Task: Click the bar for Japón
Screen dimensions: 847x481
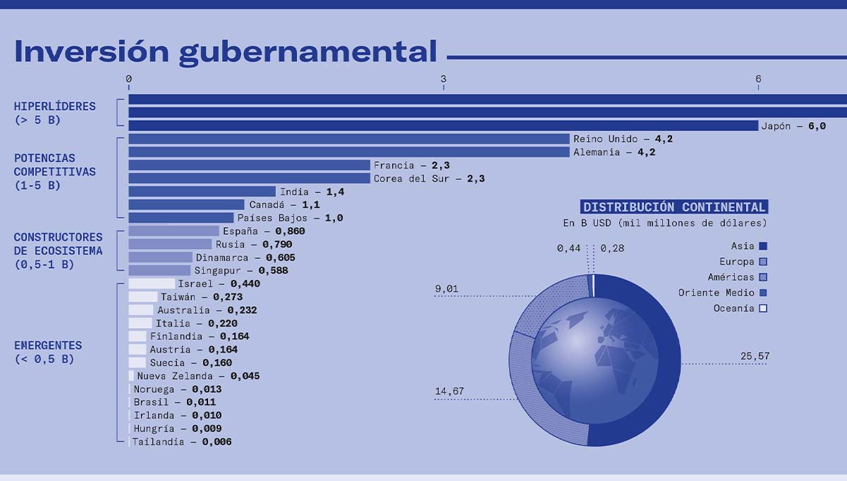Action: click(444, 126)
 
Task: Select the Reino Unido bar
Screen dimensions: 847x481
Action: click(349, 139)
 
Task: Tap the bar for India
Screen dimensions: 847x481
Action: click(202, 191)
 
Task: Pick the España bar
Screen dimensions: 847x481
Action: click(173, 231)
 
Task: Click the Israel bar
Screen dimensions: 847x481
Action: click(152, 284)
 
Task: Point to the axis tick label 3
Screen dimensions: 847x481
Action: click(444, 79)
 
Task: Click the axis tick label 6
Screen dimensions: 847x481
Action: click(758, 79)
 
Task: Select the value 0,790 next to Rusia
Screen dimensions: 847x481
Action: click(277, 244)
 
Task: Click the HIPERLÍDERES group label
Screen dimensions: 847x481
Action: click(55, 106)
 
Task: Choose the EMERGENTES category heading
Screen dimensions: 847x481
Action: click(48, 346)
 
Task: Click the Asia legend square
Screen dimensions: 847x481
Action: click(763, 246)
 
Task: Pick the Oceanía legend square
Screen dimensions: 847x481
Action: click(763, 308)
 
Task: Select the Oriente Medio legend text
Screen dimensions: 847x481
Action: click(716, 293)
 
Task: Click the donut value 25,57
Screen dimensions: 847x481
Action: click(755, 356)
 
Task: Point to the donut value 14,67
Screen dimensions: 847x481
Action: click(449, 391)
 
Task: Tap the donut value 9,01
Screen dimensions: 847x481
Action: click(446, 288)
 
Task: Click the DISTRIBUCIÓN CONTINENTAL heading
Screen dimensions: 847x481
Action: click(674, 207)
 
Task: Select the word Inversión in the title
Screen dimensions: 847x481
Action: click(92, 51)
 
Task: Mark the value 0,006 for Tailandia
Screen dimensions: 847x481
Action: click(217, 442)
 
